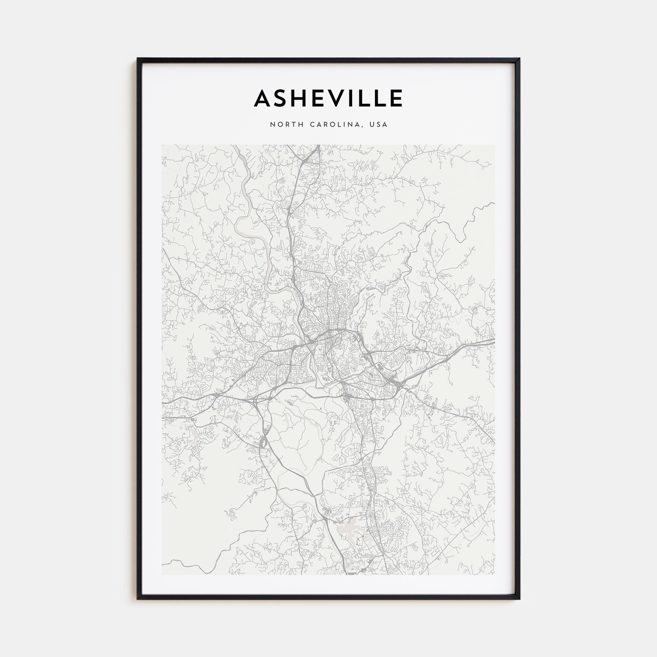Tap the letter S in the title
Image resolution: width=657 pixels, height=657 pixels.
pos(283,98)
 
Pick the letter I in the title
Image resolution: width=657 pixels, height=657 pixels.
pos(354,98)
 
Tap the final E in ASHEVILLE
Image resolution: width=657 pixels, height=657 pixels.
pos(396,98)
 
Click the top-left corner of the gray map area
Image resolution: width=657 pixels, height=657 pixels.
pos(162,145)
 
